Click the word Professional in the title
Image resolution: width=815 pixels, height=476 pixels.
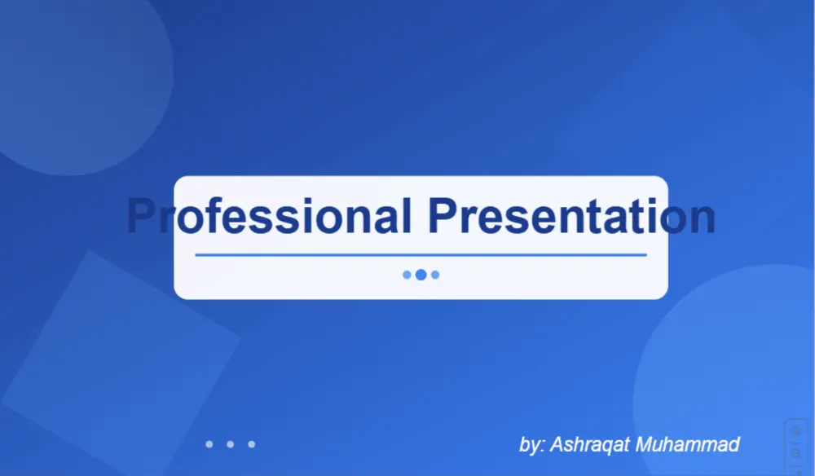(269, 217)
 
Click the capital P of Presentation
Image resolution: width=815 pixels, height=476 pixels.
(445, 217)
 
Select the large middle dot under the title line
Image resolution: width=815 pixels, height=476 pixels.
(421, 275)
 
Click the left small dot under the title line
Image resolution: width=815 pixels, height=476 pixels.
(407, 275)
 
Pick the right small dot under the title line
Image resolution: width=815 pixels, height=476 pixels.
(435, 275)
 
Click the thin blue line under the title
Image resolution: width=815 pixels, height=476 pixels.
(421, 255)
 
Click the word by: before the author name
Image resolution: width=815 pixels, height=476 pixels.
(532, 446)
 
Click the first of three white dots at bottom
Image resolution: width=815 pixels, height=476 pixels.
(209, 444)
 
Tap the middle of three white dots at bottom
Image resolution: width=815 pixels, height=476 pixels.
(231, 444)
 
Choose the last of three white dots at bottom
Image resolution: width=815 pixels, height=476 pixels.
(252, 444)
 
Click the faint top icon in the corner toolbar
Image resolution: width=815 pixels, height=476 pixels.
(796, 430)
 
